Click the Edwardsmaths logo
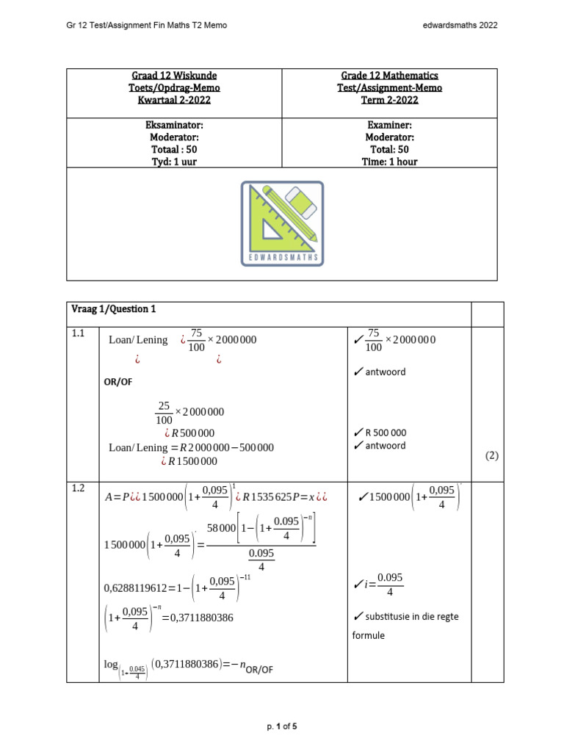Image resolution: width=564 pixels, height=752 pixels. [x=282, y=223]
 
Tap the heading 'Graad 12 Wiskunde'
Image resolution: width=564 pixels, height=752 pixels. [x=174, y=76]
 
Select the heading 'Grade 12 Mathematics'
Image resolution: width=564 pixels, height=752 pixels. [x=390, y=76]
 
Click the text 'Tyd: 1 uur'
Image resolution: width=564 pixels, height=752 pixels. [x=174, y=162]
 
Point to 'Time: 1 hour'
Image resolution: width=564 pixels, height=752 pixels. [x=390, y=162]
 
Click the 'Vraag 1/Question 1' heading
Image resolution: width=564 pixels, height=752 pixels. [x=114, y=309]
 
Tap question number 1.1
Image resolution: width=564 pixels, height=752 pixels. [x=79, y=333]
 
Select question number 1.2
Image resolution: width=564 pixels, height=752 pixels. [x=79, y=488]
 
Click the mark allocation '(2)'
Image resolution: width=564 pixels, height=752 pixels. [x=492, y=455]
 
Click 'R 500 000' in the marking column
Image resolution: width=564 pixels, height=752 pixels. [x=380, y=433]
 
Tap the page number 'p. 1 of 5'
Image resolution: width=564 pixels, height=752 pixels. [x=282, y=727]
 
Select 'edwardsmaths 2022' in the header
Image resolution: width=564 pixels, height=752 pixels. [x=460, y=25]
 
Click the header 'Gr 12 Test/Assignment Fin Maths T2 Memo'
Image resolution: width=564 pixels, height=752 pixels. [x=147, y=25]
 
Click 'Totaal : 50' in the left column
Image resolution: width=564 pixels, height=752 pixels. [x=174, y=149]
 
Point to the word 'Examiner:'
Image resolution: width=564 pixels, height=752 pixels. [x=390, y=125]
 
